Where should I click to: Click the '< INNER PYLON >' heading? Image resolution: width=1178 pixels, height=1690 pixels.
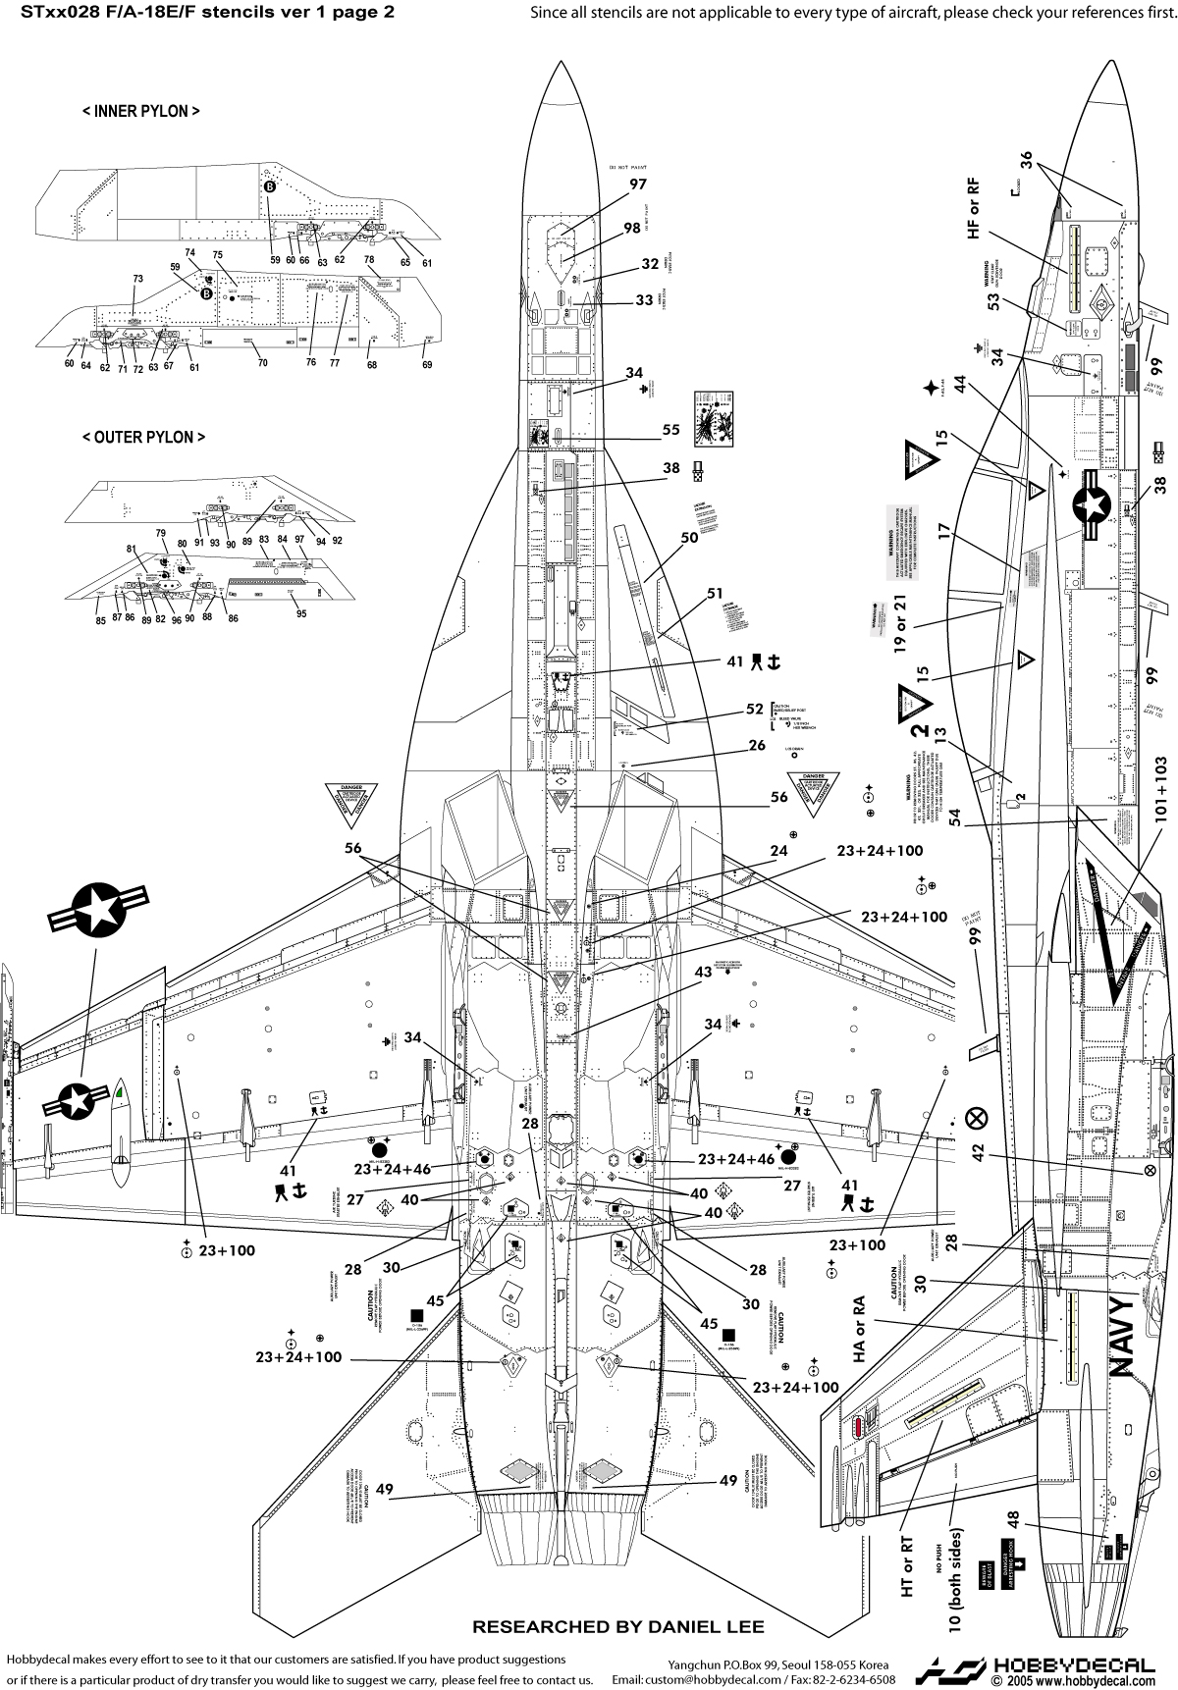click(x=141, y=111)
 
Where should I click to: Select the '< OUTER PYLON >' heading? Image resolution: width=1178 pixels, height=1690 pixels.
click(x=143, y=437)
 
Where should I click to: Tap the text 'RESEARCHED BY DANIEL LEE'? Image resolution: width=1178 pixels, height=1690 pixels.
click(x=618, y=1626)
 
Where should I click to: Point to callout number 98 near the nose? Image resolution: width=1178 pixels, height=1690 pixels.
click(x=631, y=228)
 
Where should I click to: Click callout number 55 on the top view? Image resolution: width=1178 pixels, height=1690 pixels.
click(x=670, y=430)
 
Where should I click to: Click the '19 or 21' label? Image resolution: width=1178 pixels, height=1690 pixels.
click(x=900, y=629)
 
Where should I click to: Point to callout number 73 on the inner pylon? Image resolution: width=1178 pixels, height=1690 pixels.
click(x=138, y=279)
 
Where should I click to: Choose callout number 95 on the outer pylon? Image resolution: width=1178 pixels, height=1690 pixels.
click(x=301, y=613)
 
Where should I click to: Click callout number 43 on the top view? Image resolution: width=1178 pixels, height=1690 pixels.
click(x=703, y=972)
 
